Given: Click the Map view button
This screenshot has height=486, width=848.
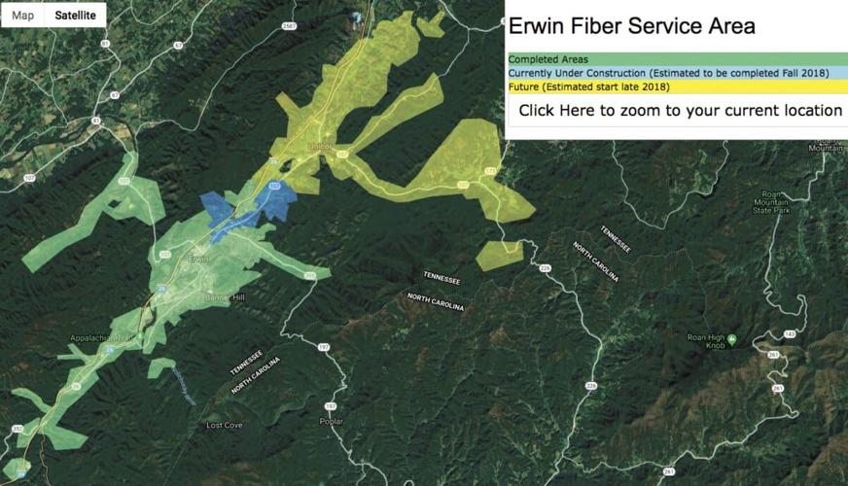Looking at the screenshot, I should tap(22, 16).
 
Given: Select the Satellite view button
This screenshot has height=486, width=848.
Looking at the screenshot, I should tap(75, 16).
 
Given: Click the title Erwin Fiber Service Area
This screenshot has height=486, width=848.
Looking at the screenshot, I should tap(631, 26).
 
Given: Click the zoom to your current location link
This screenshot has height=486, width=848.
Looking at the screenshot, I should tap(680, 111).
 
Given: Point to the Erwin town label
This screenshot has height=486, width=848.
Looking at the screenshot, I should tap(200, 260).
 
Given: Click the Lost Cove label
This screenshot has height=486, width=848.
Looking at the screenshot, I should tap(225, 426).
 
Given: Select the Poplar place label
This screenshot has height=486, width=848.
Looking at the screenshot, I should tap(332, 421).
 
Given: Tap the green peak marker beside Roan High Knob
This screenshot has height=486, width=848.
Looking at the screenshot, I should tap(731, 338).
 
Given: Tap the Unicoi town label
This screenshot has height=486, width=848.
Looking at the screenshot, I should tap(319, 148).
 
